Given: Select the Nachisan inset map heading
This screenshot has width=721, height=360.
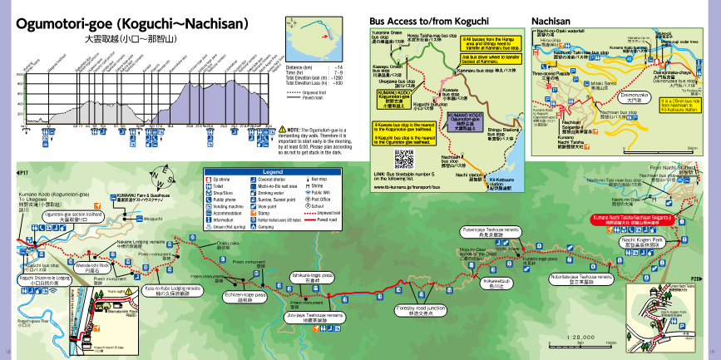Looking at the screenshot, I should pyautogui.click(x=551, y=18).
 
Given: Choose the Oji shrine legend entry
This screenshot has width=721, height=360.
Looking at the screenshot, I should pyautogui.click(x=222, y=179).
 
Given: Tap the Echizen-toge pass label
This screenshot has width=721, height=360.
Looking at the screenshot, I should pyautogui.click(x=244, y=295).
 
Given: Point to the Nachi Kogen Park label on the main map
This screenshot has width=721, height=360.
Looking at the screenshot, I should pyautogui.click(x=643, y=241).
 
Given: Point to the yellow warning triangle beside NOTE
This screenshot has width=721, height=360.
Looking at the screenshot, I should pyautogui.click(x=283, y=130).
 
